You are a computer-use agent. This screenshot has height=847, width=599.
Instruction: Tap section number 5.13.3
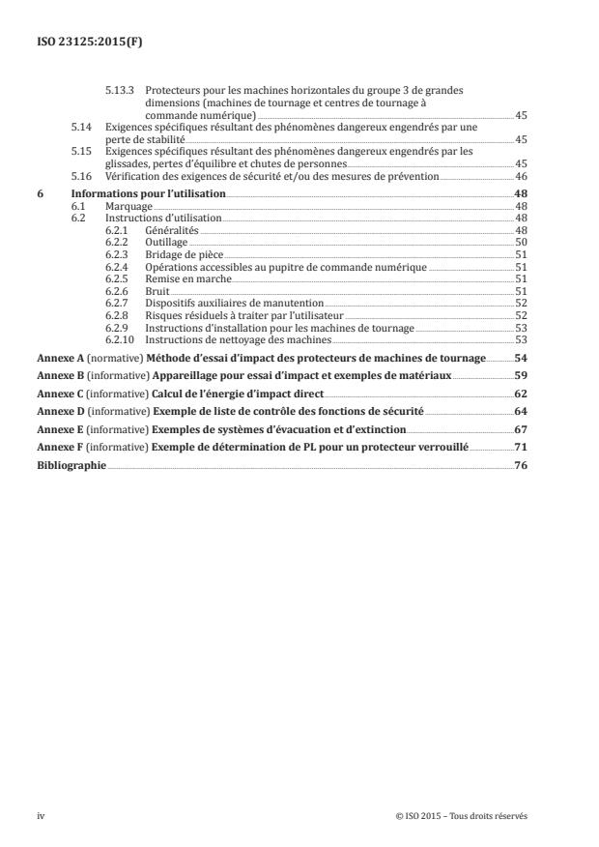point(118,90)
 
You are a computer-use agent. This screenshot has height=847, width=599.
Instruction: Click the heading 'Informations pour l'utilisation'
point(149,193)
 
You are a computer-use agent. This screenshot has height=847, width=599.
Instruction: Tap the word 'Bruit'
point(156,290)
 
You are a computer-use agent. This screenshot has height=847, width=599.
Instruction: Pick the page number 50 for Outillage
point(520,241)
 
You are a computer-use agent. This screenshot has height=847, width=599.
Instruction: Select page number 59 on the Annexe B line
point(520,375)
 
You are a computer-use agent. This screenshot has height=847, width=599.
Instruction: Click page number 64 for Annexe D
point(520,412)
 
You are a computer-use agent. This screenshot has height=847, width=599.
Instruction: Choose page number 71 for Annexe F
point(520,447)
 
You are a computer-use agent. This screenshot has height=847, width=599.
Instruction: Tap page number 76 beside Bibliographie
point(520,465)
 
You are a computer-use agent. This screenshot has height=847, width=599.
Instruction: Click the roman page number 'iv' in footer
point(41,815)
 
